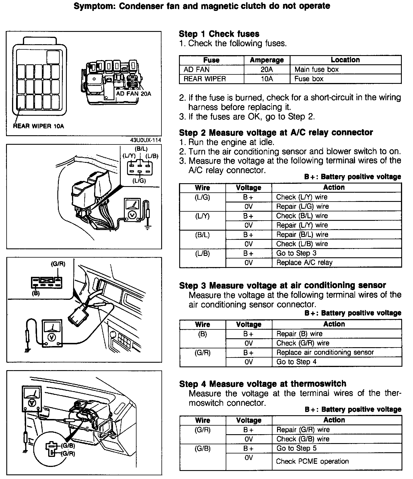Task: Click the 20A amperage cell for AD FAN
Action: tap(267, 69)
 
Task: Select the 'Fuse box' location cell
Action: tap(309, 79)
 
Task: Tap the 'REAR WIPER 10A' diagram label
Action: tap(38, 126)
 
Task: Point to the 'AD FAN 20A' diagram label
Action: tap(133, 94)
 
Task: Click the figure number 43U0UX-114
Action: tap(145, 140)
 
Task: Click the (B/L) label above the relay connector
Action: tap(141, 149)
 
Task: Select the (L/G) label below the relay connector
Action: tap(139, 181)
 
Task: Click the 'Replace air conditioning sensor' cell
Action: tap(325, 352)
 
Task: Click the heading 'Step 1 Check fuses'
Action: tap(219, 34)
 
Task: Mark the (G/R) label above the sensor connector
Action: tap(58, 264)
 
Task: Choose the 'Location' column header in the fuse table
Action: tap(345, 60)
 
